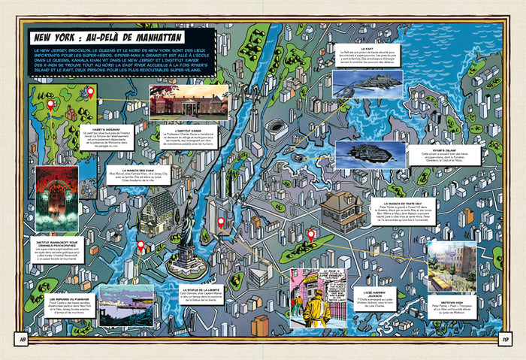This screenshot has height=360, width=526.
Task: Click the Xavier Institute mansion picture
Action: (189, 102)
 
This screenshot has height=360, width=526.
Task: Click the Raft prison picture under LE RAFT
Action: (367, 84)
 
